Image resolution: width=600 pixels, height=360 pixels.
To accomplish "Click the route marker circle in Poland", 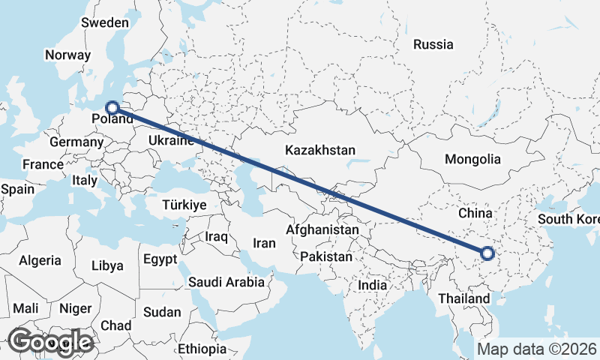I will tap(112, 108).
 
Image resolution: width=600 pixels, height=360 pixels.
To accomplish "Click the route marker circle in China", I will tap(487, 253).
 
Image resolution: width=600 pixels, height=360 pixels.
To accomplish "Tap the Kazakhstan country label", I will tap(319, 151).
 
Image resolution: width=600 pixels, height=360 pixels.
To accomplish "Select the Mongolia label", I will tap(472, 159).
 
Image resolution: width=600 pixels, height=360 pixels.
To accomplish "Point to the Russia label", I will tap(433, 44).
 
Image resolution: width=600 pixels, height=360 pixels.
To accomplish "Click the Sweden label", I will tap(105, 22).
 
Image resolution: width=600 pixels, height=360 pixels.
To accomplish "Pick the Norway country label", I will tap(67, 55).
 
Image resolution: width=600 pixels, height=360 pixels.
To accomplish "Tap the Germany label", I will tap(76, 142).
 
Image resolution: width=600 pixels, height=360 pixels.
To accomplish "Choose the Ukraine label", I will tap(172, 140).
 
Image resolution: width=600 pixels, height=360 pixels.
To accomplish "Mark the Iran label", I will tap(264, 243).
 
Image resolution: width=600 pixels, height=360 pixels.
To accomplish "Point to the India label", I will tap(372, 285).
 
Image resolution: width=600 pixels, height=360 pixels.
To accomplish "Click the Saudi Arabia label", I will tap(226, 282).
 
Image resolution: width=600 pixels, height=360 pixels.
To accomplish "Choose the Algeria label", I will tap(40, 260).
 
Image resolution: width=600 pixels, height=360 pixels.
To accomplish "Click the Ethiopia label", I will tap(202, 349).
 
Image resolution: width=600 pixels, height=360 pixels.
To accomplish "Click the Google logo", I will tap(50, 342).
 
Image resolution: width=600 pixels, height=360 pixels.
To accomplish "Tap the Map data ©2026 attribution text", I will tap(537, 349).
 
